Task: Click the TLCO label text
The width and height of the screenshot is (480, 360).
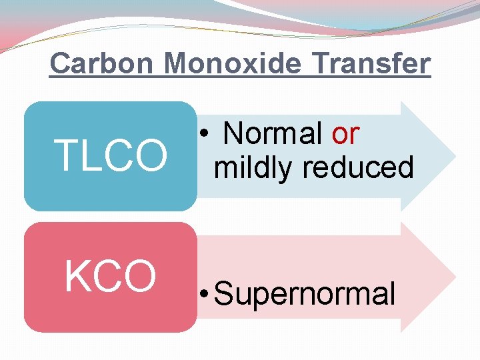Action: point(111,155)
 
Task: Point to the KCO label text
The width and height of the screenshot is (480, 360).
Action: point(110,276)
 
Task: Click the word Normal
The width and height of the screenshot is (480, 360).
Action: point(273,134)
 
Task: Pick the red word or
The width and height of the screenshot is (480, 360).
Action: point(345,134)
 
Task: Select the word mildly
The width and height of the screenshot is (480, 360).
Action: point(253,167)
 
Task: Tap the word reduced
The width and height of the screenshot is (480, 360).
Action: point(358,167)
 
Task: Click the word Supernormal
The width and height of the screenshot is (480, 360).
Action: point(306,293)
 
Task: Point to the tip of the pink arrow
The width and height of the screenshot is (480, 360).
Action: point(455,277)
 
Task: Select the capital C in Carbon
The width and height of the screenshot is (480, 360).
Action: point(61,63)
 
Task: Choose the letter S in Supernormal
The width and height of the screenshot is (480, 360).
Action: point(224,293)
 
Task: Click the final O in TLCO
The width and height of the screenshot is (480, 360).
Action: point(151,155)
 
